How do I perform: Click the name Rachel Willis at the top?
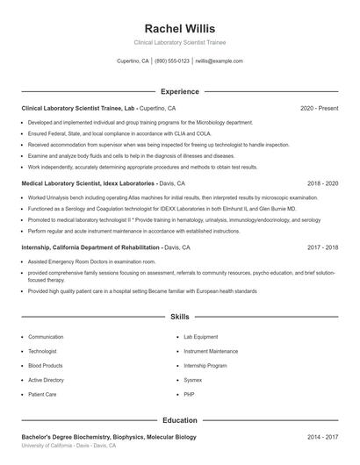(x=179, y=28)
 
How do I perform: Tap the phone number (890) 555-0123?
(x=173, y=61)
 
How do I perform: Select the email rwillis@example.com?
(x=219, y=61)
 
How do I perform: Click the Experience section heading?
(x=179, y=91)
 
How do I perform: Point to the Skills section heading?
(x=179, y=316)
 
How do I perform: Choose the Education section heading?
(x=179, y=420)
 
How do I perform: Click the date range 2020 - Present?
(x=319, y=108)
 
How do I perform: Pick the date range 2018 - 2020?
(x=322, y=183)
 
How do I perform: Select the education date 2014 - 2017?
(x=322, y=436)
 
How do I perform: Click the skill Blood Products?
(x=46, y=365)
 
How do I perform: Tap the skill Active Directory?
(x=47, y=380)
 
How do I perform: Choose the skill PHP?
(x=189, y=395)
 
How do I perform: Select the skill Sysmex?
(x=192, y=380)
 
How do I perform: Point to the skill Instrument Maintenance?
(x=210, y=351)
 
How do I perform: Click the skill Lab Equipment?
(x=200, y=337)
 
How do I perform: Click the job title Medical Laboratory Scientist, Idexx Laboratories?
(x=89, y=183)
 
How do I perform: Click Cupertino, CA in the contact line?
(x=133, y=61)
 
